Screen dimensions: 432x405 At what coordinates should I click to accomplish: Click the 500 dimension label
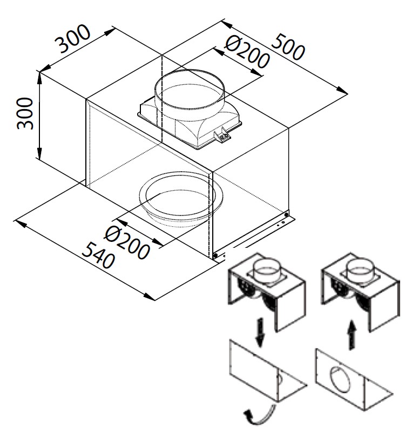287,47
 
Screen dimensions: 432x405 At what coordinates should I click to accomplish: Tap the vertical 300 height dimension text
25,113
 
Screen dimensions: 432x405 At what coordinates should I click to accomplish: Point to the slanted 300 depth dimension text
75,39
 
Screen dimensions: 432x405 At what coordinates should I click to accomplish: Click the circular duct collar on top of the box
190,89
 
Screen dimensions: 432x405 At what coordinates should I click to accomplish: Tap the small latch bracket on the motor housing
222,137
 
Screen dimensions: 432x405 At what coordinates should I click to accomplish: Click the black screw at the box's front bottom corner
215,255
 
